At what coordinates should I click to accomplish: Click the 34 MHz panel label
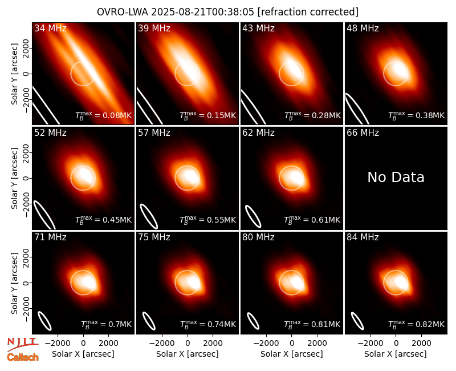pos(50,28)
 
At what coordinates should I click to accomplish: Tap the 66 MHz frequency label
pos(363,133)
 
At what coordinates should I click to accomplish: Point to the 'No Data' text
pos(396,178)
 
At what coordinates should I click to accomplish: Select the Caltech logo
pos(23,357)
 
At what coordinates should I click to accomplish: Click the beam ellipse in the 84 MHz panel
pos(357,321)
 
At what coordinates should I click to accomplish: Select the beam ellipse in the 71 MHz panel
pos(45,321)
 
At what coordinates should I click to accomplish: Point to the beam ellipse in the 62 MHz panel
pos(253,216)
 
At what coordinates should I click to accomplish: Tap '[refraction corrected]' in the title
pos(308,12)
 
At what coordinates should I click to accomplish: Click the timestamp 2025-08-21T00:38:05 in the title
pos(203,12)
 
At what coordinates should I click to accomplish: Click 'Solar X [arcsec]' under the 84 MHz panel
pos(396,354)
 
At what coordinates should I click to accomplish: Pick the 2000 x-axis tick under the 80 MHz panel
pos(317,343)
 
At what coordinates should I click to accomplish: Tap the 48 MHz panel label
pos(363,28)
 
